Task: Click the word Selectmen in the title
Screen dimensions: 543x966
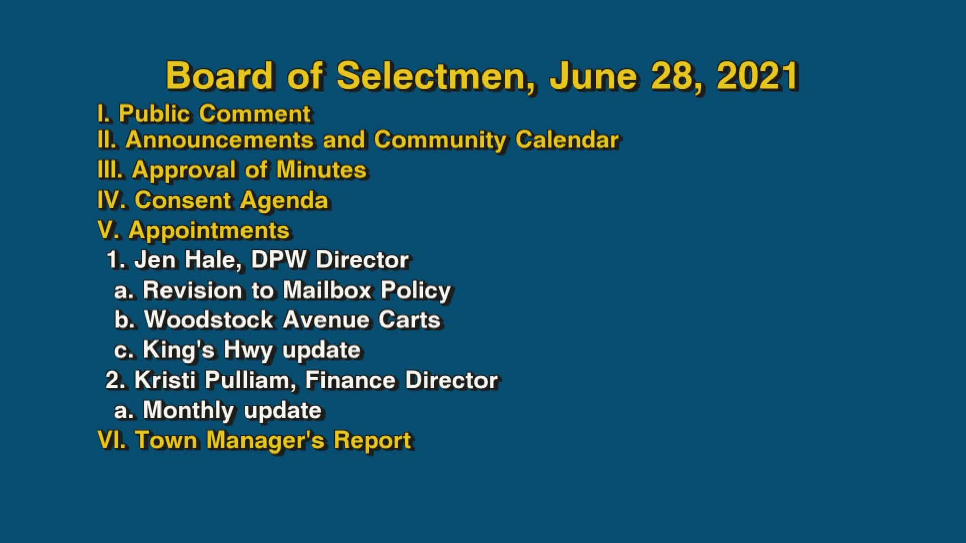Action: click(436, 76)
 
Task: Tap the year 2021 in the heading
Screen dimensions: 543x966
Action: click(758, 76)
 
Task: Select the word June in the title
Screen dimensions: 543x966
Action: click(594, 76)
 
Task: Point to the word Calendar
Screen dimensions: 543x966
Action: click(567, 140)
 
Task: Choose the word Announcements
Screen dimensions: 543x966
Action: click(219, 140)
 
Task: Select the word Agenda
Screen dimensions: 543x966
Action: click(284, 200)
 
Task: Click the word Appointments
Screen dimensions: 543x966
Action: click(209, 230)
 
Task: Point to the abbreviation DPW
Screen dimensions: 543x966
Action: click(278, 260)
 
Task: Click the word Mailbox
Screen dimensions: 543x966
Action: click(327, 290)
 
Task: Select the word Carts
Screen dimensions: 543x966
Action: click(410, 320)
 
